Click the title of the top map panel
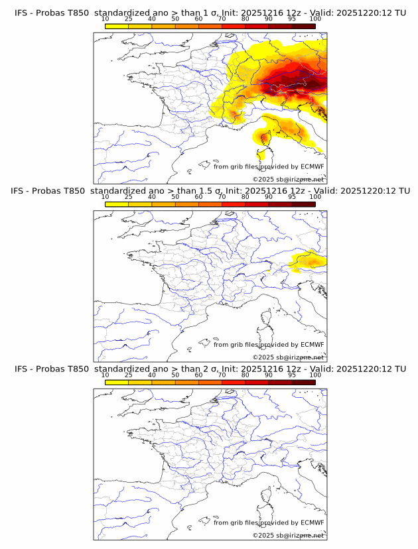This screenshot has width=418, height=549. pos(210,13)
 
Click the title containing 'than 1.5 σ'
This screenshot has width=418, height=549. pos(210,191)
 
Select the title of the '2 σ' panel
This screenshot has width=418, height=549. pos(210,369)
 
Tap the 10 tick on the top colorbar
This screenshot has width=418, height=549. pos(105,19)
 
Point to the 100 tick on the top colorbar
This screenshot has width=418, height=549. pos(315,19)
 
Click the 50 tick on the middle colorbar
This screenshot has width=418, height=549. pos(175,197)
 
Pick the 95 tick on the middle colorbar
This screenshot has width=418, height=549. pos(292,197)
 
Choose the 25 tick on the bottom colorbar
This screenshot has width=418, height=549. pos(128,375)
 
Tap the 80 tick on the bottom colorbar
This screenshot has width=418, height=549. pos(245,375)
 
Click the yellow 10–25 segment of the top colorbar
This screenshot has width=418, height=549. pos(117,26)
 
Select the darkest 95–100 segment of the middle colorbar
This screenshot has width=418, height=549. pos(303,204)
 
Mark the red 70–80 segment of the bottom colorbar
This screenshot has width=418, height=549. pos(234,382)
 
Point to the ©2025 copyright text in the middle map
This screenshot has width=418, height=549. pos(289,357)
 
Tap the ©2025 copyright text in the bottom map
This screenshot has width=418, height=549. pos(289,534)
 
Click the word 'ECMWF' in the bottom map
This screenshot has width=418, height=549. pos(312,522)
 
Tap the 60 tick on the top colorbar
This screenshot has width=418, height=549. pos(198,19)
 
